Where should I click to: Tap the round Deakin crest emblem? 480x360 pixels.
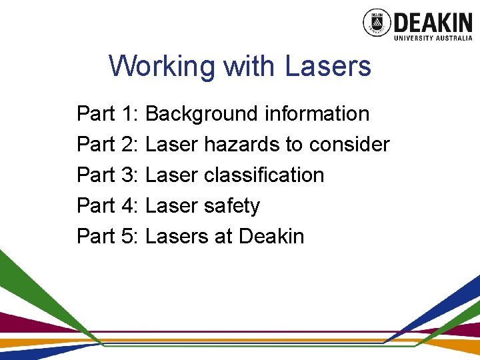pyautogui.click(x=377, y=23)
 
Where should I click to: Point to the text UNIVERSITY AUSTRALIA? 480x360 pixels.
pyautogui.click(x=433, y=38)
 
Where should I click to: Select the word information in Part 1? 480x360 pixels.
pyautogui.click(x=317, y=114)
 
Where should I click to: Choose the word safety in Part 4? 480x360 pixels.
pyautogui.click(x=233, y=207)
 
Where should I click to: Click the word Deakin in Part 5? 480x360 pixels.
pyautogui.click(x=271, y=237)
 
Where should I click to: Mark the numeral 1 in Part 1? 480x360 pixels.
pyautogui.click(x=129, y=114)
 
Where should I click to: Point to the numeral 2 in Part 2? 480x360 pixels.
pyautogui.click(x=129, y=145)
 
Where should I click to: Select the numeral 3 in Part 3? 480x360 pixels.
pyautogui.click(x=129, y=175)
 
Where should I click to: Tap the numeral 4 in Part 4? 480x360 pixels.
pyautogui.click(x=129, y=206)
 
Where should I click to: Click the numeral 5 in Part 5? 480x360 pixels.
pyautogui.click(x=129, y=237)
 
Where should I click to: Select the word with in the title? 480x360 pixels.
pyautogui.click(x=249, y=67)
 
